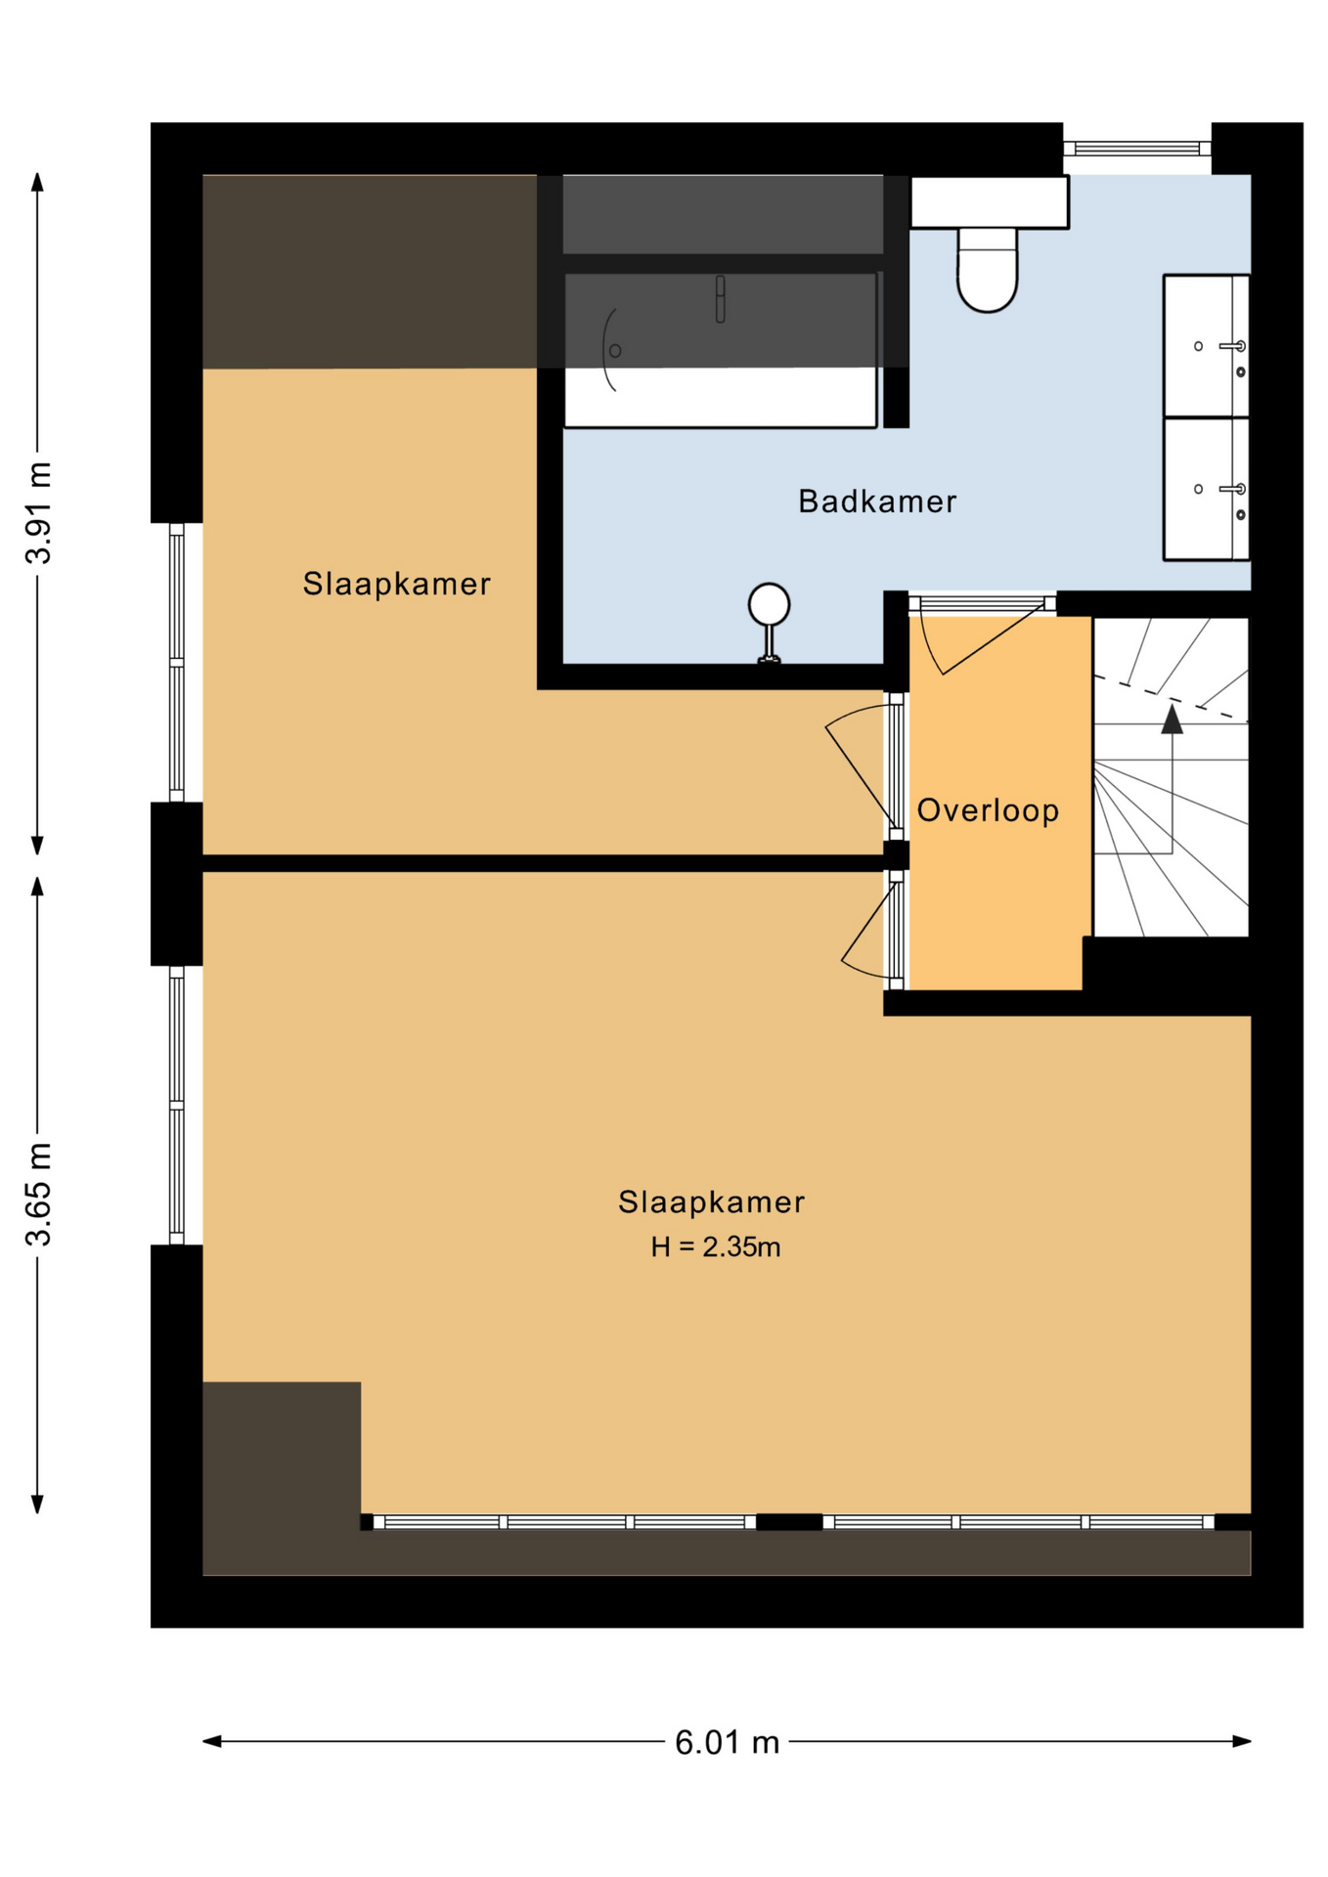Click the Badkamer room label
tap(876, 502)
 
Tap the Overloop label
tap(988, 810)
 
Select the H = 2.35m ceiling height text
tap(715, 1246)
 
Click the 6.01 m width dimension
tap(727, 1742)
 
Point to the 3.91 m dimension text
tap(39, 512)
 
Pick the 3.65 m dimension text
tap(39, 1194)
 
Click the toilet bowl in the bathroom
tap(987, 270)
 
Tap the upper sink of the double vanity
tap(1206, 346)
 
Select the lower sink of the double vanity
tap(1206, 489)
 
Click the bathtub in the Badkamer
tap(720, 350)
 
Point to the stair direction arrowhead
tap(1172, 719)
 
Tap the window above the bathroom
tap(1137, 149)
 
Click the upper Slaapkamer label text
tap(396, 585)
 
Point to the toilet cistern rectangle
tap(989, 202)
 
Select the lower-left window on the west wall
tap(177, 1105)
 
